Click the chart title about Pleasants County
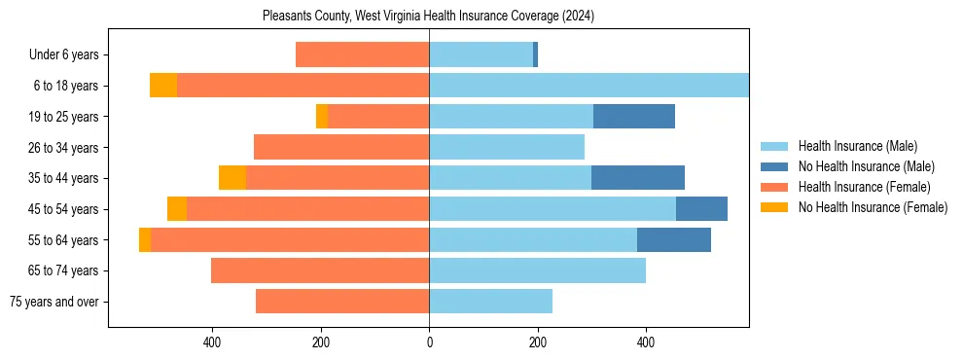coord(428,17)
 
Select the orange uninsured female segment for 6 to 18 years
coord(163,86)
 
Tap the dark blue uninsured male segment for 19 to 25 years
coord(633,117)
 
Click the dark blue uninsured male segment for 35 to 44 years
coord(637,178)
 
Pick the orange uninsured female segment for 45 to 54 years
coord(177,209)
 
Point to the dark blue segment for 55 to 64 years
coord(673,239)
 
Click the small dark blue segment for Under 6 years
coord(535,54)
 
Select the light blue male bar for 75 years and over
coord(490,302)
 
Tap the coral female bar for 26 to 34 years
coord(341,147)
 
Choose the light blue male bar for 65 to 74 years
coord(537,270)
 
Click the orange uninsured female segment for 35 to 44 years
coord(232,178)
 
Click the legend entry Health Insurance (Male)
coord(857,146)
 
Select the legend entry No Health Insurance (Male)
coord(866,166)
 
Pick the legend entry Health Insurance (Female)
coord(864,187)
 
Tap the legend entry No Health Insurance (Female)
coord(873,207)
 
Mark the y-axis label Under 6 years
coord(64,55)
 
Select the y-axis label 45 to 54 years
coord(63,209)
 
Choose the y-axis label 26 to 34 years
coord(63,148)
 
